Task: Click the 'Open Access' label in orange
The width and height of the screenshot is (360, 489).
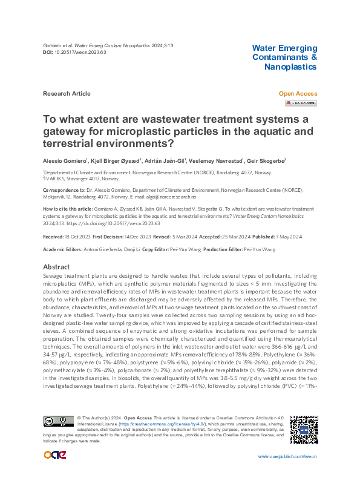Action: tap(297, 94)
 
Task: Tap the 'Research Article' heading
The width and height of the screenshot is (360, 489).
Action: tap(67, 94)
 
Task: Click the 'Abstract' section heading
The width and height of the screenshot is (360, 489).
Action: tap(57, 267)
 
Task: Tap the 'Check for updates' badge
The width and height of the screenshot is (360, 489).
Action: tap(304, 103)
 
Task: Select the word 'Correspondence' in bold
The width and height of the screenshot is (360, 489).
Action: tap(61, 189)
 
